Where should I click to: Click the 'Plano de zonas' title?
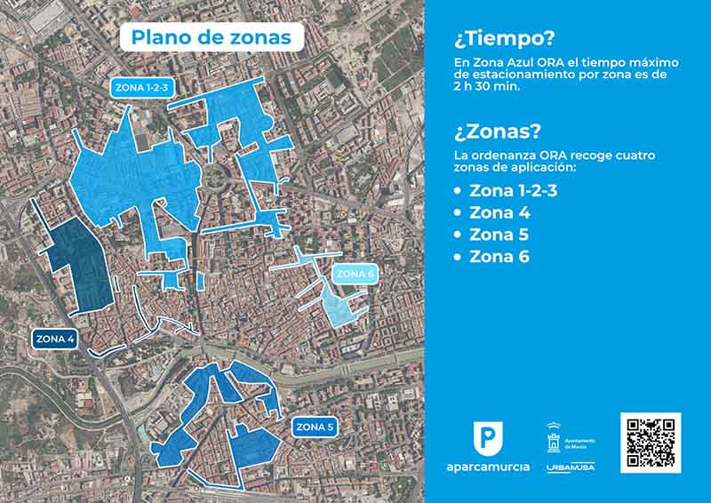[x=211, y=37]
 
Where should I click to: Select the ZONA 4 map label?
[x=54, y=339]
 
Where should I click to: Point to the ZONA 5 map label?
[x=315, y=427]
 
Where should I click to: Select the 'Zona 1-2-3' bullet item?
[x=513, y=190]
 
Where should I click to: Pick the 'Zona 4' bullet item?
[x=499, y=212]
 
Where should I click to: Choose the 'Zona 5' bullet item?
[x=499, y=235]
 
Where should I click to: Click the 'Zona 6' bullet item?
[x=499, y=257]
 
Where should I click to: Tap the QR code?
[x=651, y=442]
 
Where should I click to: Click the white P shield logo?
[x=487, y=437]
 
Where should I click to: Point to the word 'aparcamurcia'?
[x=487, y=467]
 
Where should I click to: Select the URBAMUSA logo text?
[x=571, y=467]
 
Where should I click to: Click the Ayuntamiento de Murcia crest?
[x=554, y=439]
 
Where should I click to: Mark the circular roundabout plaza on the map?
[x=214, y=175]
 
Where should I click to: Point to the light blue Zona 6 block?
[x=339, y=307]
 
